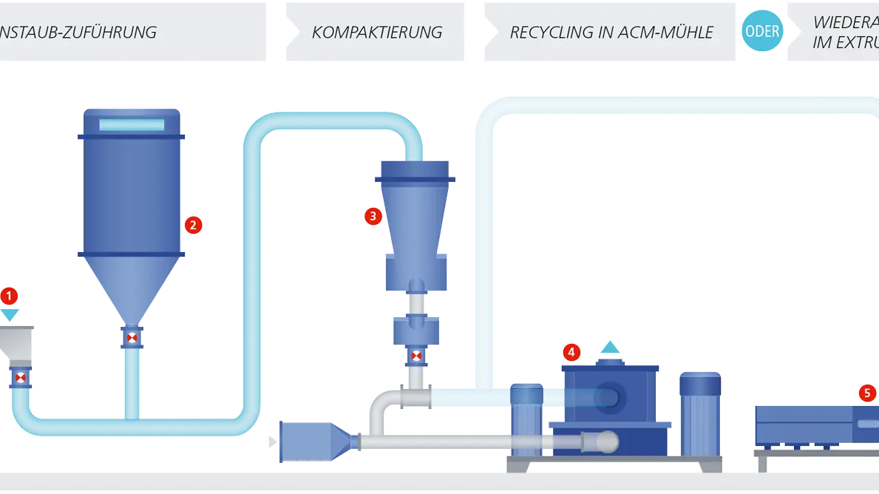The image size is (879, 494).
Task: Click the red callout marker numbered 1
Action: click(x=9, y=297)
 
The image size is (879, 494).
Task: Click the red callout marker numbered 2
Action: click(x=193, y=225)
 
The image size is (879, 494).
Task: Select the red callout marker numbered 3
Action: click(x=372, y=216)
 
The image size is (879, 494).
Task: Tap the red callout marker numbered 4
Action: click(x=571, y=352)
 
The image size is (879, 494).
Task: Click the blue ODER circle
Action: click(x=761, y=32)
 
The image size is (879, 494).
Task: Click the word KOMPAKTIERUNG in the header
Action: click(x=377, y=33)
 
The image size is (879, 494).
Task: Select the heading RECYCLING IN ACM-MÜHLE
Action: click(x=611, y=33)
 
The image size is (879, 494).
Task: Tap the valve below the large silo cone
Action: click(x=132, y=338)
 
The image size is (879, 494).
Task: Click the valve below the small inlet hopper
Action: click(x=21, y=378)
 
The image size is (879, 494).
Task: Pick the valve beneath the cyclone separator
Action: click(x=416, y=357)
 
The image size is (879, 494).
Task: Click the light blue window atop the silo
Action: click(x=132, y=125)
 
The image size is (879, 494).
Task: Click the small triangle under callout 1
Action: click(x=9, y=316)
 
